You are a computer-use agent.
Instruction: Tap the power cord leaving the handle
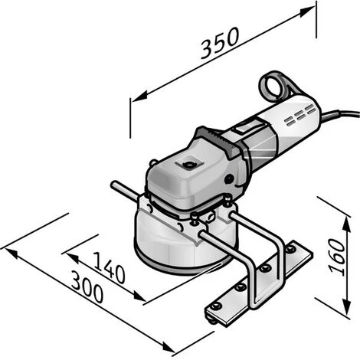(341, 117)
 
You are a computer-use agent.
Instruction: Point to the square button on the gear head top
(185, 164)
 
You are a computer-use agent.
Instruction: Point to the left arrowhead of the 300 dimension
(6, 247)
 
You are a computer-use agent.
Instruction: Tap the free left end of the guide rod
(114, 185)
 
